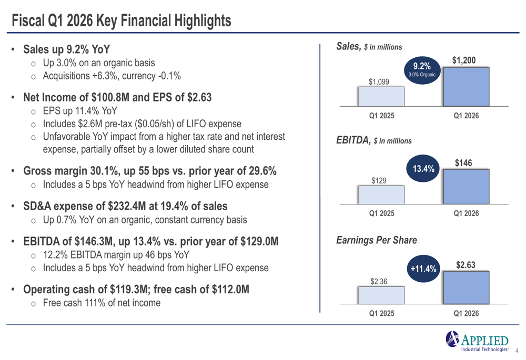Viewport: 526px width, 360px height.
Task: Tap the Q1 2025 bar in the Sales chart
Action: coord(381,97)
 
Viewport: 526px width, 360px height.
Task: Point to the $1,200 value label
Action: coord(464,61)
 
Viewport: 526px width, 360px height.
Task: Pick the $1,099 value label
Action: coord(379,81)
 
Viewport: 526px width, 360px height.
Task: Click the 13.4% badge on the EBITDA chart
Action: coord(423,169)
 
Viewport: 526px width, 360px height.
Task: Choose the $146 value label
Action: coord(464,163)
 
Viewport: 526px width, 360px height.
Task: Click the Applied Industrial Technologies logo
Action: coord(477,341)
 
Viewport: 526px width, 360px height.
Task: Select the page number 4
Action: coord(517,350)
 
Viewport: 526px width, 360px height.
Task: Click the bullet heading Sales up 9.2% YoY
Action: coord(67,49)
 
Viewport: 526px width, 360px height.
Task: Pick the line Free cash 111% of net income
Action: coord(102,303)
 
